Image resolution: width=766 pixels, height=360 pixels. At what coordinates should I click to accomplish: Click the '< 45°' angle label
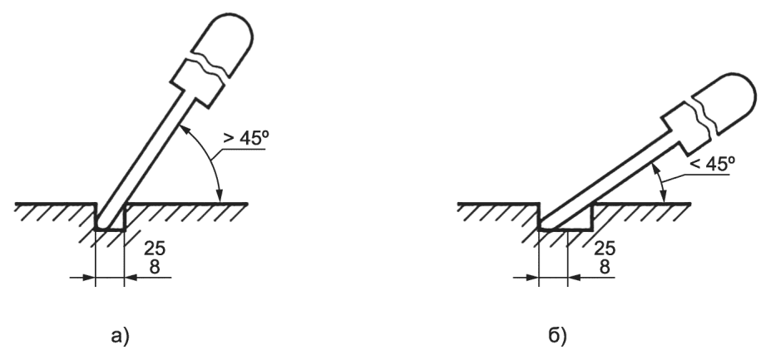click(712, 164)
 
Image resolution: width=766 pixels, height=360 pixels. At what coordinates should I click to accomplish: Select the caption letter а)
click(121, 336)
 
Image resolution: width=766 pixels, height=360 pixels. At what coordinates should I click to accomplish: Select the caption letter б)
click(557, 336)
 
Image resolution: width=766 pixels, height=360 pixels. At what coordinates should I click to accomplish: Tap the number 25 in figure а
click(155, 249)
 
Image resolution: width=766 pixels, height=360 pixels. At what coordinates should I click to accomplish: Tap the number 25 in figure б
click(605, 249)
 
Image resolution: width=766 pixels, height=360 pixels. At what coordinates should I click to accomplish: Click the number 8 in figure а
click(155, 267)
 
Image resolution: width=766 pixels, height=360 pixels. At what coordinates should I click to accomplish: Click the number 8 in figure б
click(605, 267)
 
